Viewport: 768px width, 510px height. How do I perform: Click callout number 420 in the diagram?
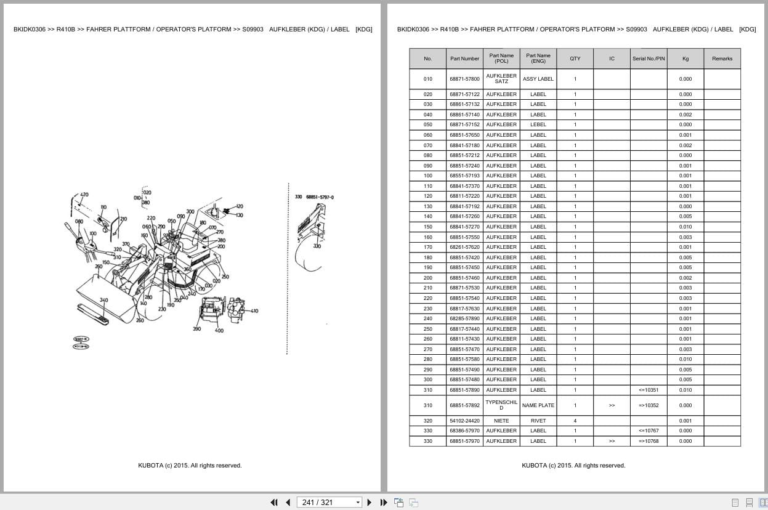[84, 195]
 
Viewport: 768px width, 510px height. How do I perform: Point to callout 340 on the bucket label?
[103, 301]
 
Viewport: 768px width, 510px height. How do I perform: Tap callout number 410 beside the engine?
[254, 311]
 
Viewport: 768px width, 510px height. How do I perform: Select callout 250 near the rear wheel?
[225, 277]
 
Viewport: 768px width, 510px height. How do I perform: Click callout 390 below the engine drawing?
[196, 330]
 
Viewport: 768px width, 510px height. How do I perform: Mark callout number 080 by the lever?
[79, 221]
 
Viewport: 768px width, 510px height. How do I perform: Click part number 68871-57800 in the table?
[464, 79]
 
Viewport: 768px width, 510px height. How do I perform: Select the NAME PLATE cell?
[538, 405]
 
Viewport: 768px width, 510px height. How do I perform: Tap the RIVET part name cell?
[538, 421]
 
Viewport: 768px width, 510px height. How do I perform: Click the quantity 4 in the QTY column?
[575, 421]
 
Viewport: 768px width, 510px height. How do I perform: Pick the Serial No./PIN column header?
[649, 59]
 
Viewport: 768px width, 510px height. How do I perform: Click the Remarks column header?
[722, 59]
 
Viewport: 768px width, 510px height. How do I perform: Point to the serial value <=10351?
[649, 390]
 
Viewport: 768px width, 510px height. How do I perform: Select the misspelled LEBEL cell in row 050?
[538, 124]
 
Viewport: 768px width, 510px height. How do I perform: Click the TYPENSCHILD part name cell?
[501, 405]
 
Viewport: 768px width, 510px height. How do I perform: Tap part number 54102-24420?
[464, 421]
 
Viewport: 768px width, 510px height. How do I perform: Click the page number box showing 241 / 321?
[329, 503]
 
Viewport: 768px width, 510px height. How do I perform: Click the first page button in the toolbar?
[274, 503]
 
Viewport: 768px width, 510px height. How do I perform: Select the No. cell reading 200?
[427, 278]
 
